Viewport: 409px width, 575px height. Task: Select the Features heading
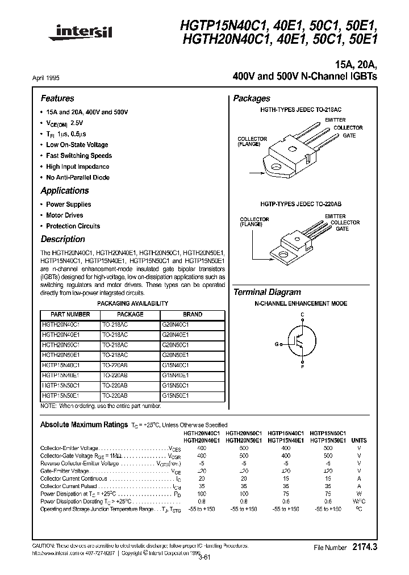pos(57,98)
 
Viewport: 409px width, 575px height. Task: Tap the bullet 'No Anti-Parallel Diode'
pos(78,177)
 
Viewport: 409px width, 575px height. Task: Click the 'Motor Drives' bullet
pos(64,215)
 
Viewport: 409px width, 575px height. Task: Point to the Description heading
pos(62,239)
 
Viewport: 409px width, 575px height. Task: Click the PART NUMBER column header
pos(70,314)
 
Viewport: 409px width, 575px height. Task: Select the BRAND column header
pos(193,314)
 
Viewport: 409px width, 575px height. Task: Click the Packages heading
pos(252,98)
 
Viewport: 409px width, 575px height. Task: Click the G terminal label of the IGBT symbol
pos(277,344)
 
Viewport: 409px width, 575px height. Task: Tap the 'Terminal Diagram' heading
pos(267,292)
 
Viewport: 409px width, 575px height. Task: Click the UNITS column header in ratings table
pos(358,440)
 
